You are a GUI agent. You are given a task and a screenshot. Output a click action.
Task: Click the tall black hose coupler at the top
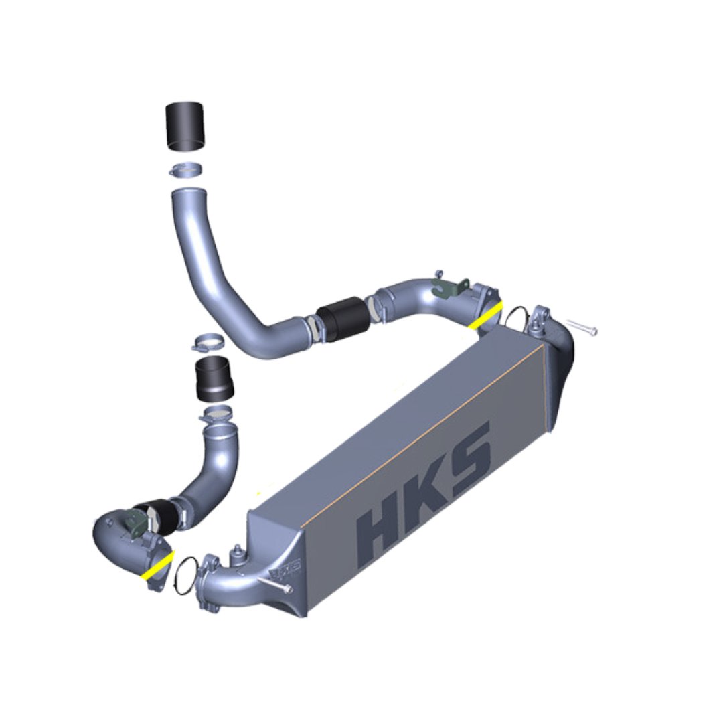[x=185, y=127]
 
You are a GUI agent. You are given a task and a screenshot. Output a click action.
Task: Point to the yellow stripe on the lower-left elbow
[x=158, y=565]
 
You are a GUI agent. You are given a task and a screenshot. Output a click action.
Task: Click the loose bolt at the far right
[x=582, y=327]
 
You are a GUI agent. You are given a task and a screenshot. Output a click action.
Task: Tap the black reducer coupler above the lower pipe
[x=214, y=378]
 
